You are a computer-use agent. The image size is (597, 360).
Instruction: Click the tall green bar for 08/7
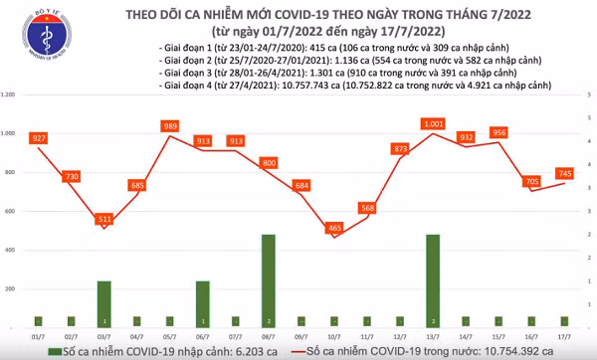pos(269,279)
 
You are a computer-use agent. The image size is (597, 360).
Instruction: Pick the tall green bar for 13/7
pos(433,279)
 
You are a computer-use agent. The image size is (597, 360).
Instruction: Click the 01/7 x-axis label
pos(38,336)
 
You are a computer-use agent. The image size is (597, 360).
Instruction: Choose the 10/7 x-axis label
pos(336,336)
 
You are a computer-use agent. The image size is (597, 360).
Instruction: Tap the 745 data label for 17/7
pos(564,173)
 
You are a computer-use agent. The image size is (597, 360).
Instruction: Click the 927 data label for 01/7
pos(38,138)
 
